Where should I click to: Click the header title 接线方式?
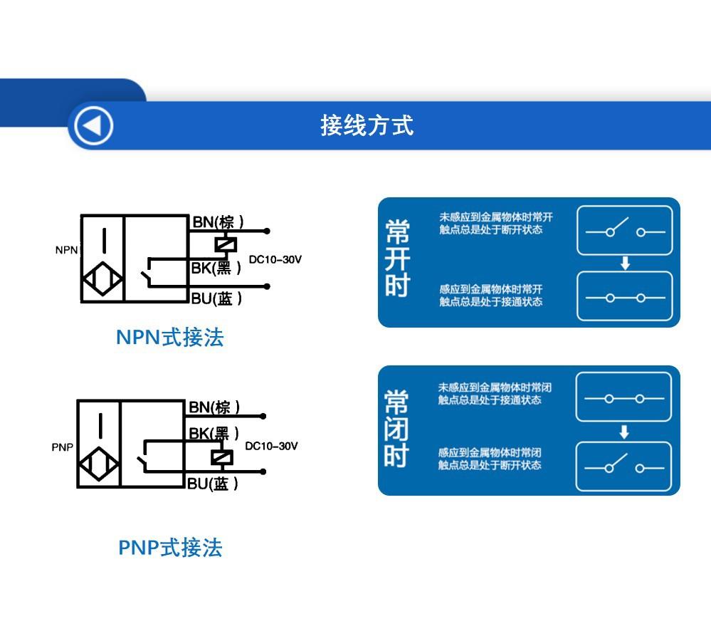click(x=367, y=125)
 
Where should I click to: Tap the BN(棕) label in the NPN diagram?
click(x=218, y=222)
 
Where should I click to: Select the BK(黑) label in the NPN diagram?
click(x=216, y=268)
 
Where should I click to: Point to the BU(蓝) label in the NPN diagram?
click(x=216, y=298)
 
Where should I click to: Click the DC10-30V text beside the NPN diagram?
click(x=275, y=260)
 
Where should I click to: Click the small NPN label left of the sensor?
click(x=67, y=250)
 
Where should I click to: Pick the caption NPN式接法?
click(x=169, y=337)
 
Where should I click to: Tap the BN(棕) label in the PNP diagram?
click(x=214, y=407)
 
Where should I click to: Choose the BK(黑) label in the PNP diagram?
click(x=214, y=433)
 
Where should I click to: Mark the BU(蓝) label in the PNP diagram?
click(x=212, y=484)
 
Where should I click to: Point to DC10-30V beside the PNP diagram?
click(x=271, y=447)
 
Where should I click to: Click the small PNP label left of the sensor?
click(x=63, y=447)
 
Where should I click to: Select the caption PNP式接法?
click(x=170, y=548)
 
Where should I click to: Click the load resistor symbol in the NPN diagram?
click(x=226, y=244)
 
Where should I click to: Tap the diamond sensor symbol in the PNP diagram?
click(x=100, y=466)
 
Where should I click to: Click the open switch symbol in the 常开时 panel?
click(x=624, y=230)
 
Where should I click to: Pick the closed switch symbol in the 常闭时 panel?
click(x=623, y=399)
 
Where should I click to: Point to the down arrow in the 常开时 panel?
click(x=625, y=264)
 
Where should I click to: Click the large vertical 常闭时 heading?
click(x=397, y=429)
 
